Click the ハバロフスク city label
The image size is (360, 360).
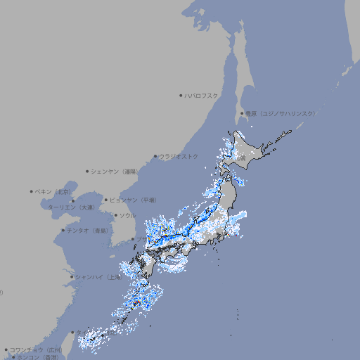coord(202,95)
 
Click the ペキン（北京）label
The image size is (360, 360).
coord(55,191)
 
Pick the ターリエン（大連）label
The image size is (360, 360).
coord(71,207)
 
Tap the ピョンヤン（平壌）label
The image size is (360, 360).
coord(134,200)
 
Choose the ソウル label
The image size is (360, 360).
coord(127,215)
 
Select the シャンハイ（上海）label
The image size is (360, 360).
coord(98,277)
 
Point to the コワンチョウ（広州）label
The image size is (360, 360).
coord(36,349)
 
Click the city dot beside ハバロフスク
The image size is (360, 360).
coord(181,95)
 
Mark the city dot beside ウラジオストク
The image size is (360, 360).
coord(155,156)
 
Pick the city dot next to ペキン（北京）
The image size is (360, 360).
coord(32,191)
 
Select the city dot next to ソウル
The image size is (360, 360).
coord(115,215)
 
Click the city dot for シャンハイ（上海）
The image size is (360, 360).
coord(72,277)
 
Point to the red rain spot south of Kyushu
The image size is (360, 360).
coord(136,304)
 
